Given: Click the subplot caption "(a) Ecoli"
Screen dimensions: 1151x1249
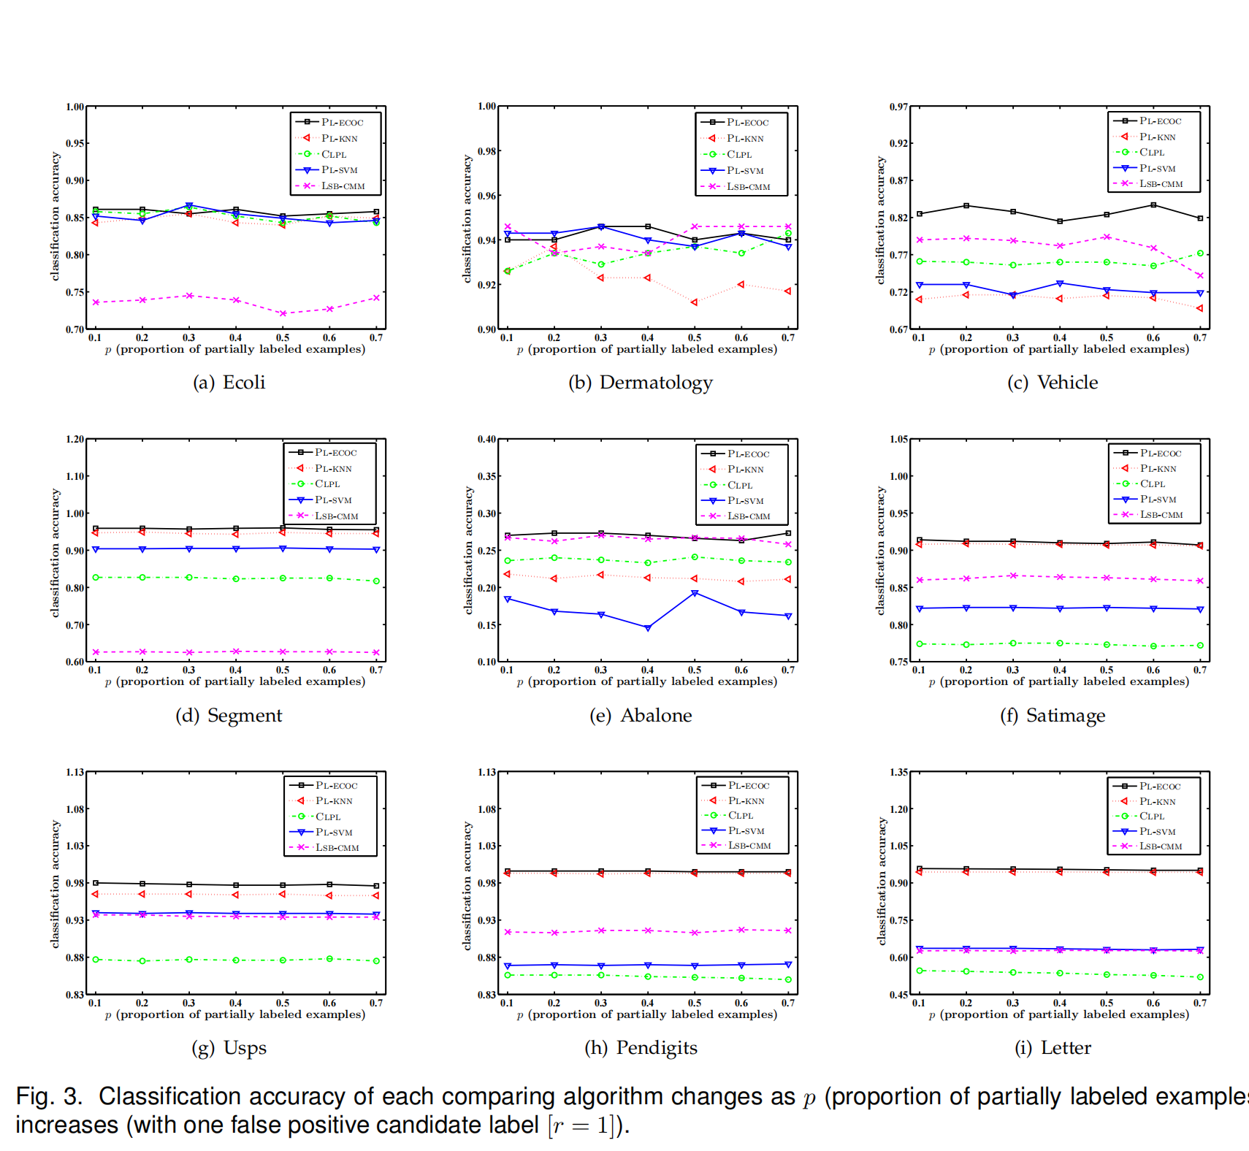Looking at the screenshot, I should coord(229,383).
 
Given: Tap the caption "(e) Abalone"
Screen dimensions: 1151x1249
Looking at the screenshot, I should coord(641,716).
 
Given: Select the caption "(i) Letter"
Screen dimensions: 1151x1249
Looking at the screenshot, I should coord(1053,1048).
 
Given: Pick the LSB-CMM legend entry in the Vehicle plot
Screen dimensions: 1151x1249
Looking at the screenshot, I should coord(1160,184).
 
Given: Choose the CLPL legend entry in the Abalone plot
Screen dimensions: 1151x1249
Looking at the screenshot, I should coord(739,485).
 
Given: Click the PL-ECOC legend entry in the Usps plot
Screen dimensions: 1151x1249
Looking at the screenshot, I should coord(336,785).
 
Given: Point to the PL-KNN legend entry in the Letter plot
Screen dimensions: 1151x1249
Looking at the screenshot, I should coord(1157,801).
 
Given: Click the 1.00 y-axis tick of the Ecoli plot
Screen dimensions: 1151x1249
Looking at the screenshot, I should coord(75,107).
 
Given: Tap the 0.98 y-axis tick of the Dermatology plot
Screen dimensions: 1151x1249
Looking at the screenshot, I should coord(487,151).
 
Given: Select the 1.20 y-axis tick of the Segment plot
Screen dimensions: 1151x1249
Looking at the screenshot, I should coord(75,439).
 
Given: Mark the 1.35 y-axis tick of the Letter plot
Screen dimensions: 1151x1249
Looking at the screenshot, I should coord(899,772).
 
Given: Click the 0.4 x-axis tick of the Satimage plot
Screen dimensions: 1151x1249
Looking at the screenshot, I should coord(1060,670).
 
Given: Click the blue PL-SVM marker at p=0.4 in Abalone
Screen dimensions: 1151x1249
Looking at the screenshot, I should coord(648,628).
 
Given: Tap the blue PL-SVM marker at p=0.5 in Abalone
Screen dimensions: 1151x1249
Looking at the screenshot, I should coord(695,593).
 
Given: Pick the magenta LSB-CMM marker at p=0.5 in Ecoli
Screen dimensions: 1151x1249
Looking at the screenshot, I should coord(283,313).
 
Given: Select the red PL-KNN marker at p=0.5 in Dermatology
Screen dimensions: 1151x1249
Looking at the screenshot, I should coord(695,302).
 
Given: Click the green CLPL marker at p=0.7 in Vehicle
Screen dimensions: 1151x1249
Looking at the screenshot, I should coord(1200,253).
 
